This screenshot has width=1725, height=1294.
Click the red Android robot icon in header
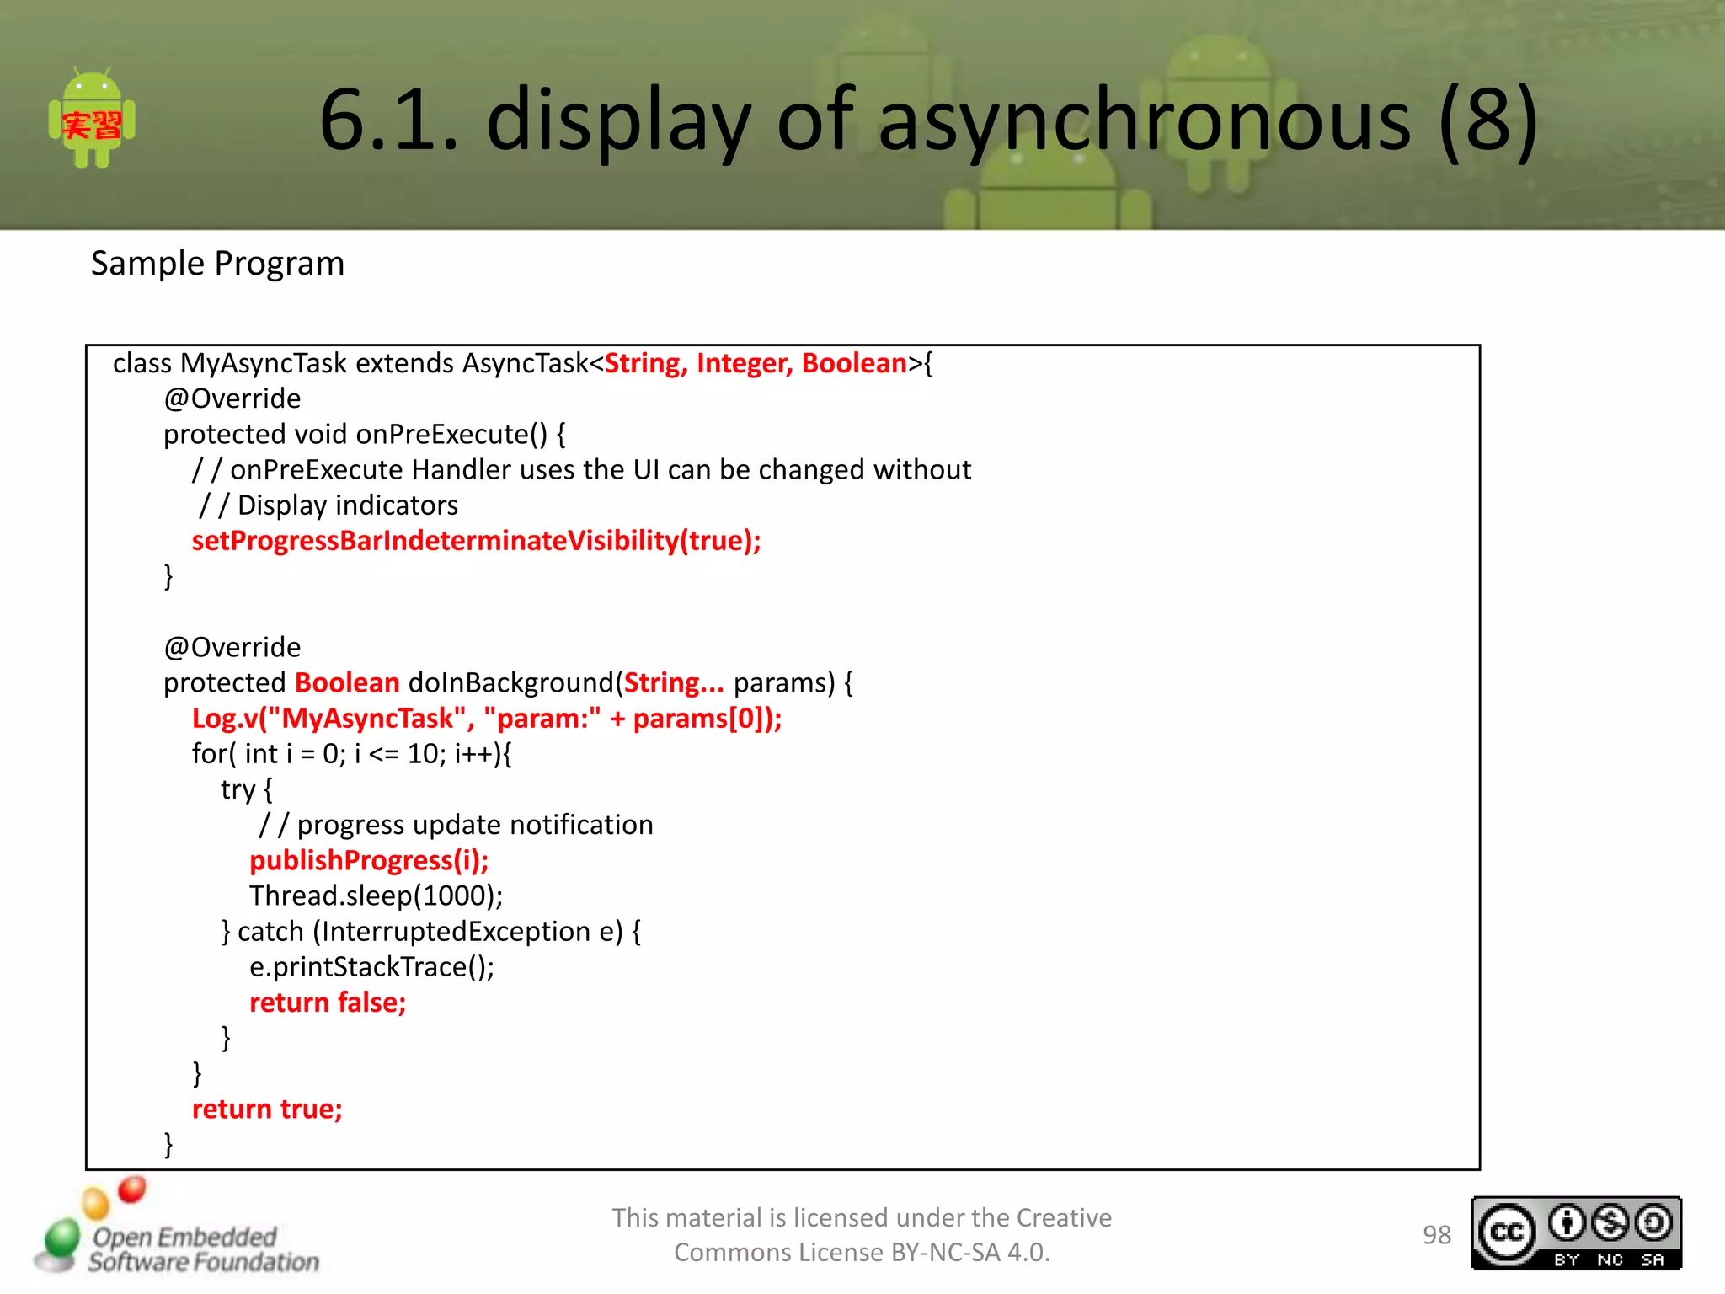pyautogui.click(x=92, y=119)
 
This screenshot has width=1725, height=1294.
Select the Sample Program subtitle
pyautogui.click(x=217, y=264)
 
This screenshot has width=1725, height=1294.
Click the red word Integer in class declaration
pyautogui.click(x=744, y=363)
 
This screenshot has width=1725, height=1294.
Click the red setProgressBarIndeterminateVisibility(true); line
pyautogui.click(x=476, y=541)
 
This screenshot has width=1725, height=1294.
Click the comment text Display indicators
pyautogui.click(x=347, y=505)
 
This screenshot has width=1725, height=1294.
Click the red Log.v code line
pyautogui.click(x=486, y=719)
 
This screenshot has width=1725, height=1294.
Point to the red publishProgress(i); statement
pyautogui.click(x=369, y=861)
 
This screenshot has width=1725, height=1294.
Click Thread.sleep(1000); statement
pyautogui.click(x=376, y=896)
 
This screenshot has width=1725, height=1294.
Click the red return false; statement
pyautogui.click(x=328, y=1003)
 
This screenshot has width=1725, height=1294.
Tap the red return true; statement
pyautogui.click(x=267, y=1110)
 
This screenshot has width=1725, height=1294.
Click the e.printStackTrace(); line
pyautogui.click(x=371, y=967)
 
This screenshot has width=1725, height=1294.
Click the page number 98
pyautogui.click(x=1436, y=1235)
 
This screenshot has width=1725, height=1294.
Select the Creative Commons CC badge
pyautogui.click(x=1576, y=1233)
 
